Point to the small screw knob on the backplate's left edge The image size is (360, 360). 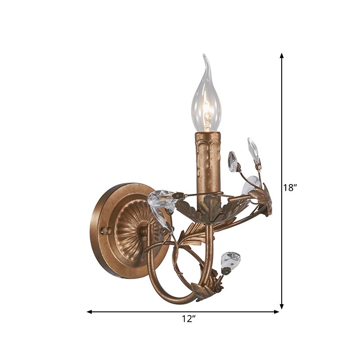tap(107, 230)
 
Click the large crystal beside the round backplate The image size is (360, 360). tap(161, 202)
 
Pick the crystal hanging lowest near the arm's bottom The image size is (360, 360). tap(230, 261)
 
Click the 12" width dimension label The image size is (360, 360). tap(189, 319)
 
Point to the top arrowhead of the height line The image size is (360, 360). tap(282, 55)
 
